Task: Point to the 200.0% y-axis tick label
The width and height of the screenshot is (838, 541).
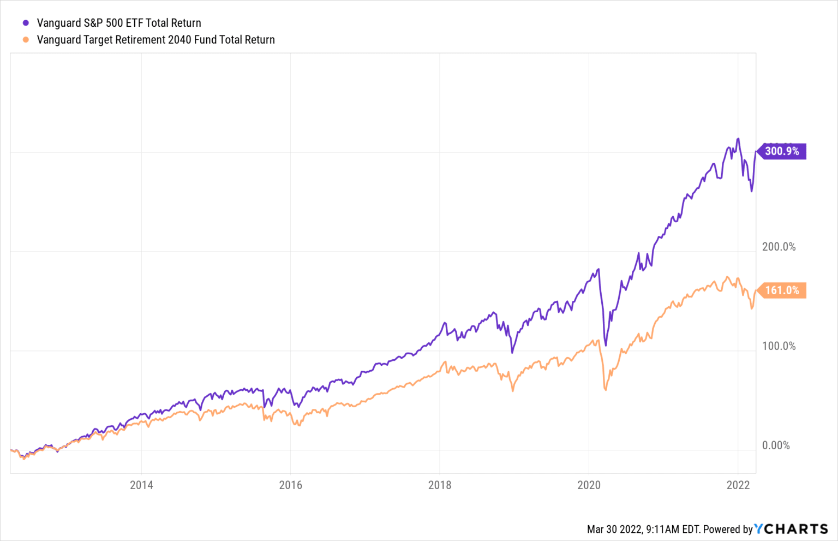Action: (779, 247)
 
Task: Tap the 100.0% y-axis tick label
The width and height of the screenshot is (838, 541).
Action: (779, 346)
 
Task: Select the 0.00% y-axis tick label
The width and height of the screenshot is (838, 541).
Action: (776, 445)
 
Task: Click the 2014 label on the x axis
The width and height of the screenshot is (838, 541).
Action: (141, 485)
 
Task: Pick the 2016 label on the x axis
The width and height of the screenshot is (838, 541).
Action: (290, 485)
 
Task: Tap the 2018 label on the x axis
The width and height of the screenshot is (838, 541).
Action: (440, 485)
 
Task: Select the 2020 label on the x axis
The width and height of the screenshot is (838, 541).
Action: (589, 485)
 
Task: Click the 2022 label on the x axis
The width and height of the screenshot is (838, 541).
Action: (738, 485)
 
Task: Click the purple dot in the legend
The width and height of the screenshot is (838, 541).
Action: (26, 23)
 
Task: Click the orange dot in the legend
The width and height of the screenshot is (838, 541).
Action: (26, 40)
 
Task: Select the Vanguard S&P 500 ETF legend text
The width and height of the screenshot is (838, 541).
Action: (119, 23)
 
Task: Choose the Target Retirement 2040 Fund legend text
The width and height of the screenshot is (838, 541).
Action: (155, 40)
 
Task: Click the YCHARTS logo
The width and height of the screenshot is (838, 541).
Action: (791, 529)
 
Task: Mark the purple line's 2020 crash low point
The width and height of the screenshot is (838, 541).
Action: (606, 346)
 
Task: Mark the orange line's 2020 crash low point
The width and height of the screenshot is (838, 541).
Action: (606, 390)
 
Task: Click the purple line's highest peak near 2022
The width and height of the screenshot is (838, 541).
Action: (738, 139)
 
